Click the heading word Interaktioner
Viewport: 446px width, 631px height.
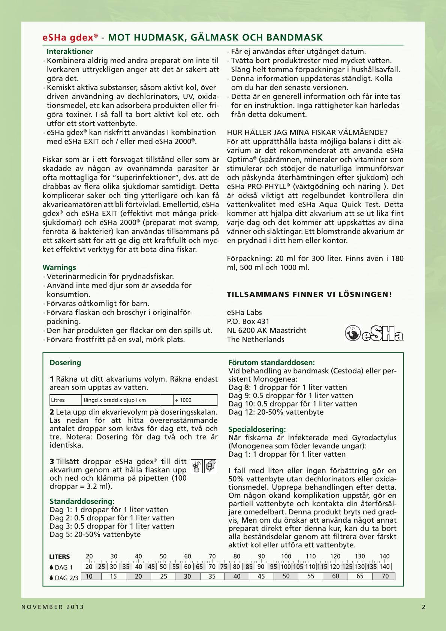(x=70, y=52)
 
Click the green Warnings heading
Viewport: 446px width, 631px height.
(x=59, y=267)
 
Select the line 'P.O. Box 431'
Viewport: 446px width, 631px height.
(x=248, y=321)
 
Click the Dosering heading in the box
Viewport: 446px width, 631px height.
(x=65, y=363)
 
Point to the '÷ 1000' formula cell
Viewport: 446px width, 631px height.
(x=183, y=400)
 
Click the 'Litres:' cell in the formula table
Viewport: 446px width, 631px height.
(x=58, y=400)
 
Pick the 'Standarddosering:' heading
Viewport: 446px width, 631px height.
(x=82, y=501)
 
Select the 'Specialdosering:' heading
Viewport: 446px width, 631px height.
(x=257, y=429)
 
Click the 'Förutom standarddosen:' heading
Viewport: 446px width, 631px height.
(x=272, y=363)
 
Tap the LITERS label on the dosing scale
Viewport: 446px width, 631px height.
(x=60, y=557)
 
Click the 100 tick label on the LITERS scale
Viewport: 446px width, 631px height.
(x=286, y=556)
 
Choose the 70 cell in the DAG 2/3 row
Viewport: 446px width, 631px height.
(x=385, y=576)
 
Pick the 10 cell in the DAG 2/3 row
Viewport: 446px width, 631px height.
(x=89, y=576)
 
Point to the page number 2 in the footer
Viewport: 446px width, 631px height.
(x=424, y=607)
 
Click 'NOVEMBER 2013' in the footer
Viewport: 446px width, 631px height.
(x=52, y=607)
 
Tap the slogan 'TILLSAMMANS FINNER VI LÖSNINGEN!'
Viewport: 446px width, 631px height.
(x=309, y=294)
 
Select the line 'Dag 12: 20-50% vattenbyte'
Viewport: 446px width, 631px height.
(x=276, y=412)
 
